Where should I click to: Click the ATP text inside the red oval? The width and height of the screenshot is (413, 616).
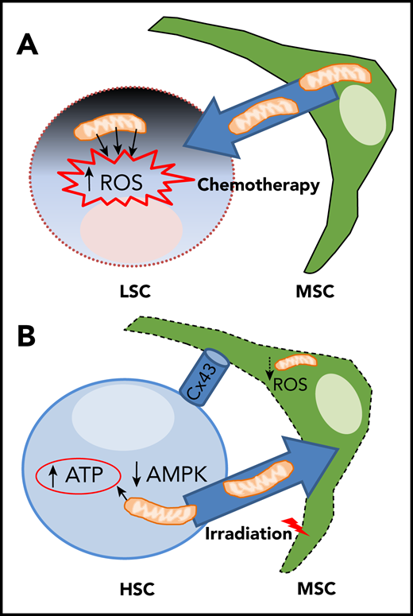click(87, 476)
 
